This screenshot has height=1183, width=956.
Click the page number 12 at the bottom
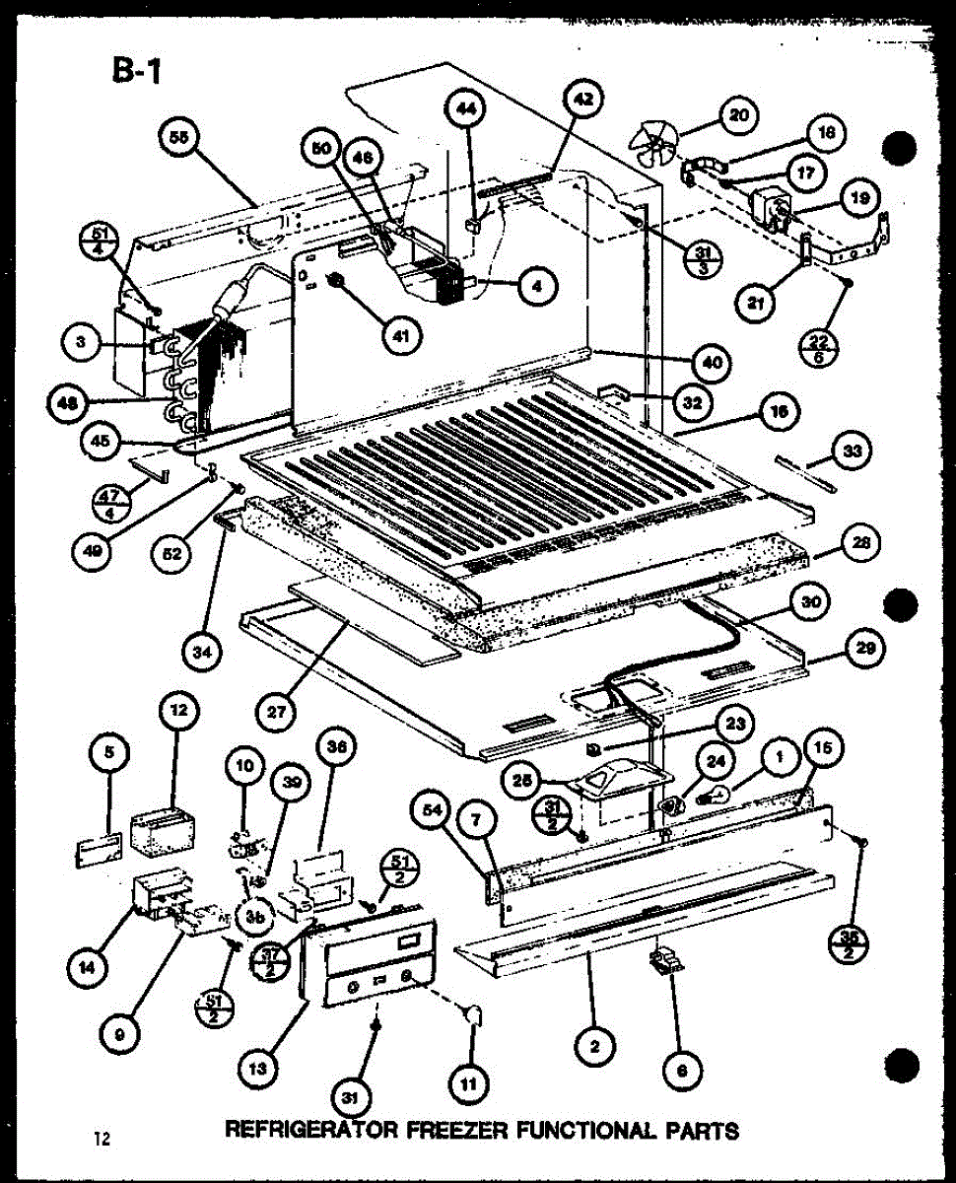[102, 1140]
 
